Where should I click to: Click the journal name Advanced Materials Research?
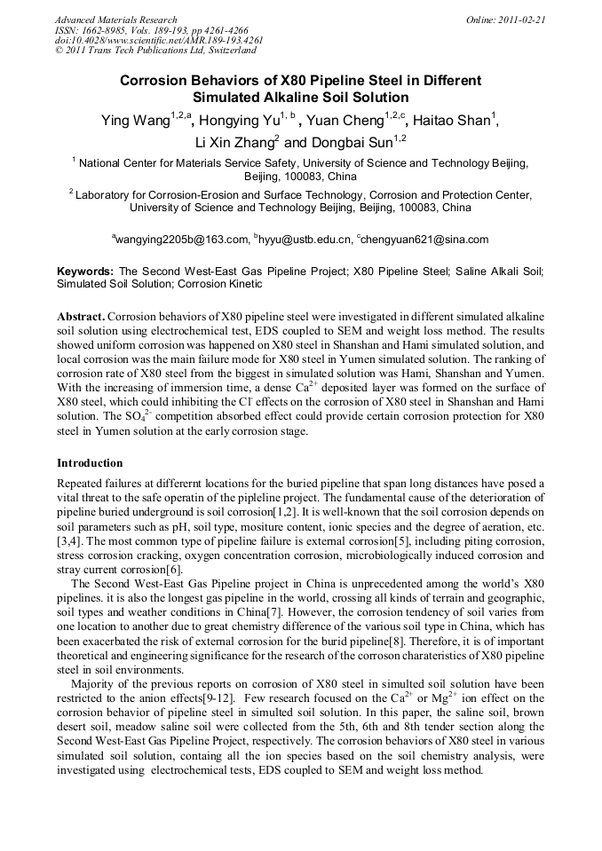pos(115,20)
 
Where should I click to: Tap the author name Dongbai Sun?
pos(350,142)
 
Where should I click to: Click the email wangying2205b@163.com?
pos(182,240)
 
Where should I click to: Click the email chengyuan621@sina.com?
pos(424,240)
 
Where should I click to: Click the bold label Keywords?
pos(85,272)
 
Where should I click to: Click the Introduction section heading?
pos(90,463)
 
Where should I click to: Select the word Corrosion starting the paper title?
pos(156,80)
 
